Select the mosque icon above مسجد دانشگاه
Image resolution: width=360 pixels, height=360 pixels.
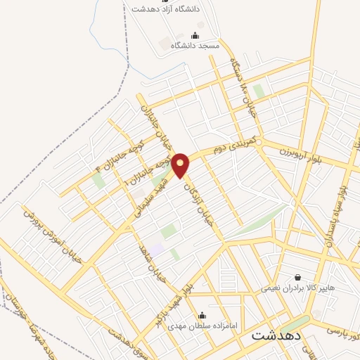click(x=195, y=34)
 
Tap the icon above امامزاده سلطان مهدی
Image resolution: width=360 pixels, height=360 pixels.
click(x=202, y=315)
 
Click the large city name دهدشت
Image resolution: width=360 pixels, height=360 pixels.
click(x=276, y=335)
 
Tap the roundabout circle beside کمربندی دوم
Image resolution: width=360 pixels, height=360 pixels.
click(x=259, y=143)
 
